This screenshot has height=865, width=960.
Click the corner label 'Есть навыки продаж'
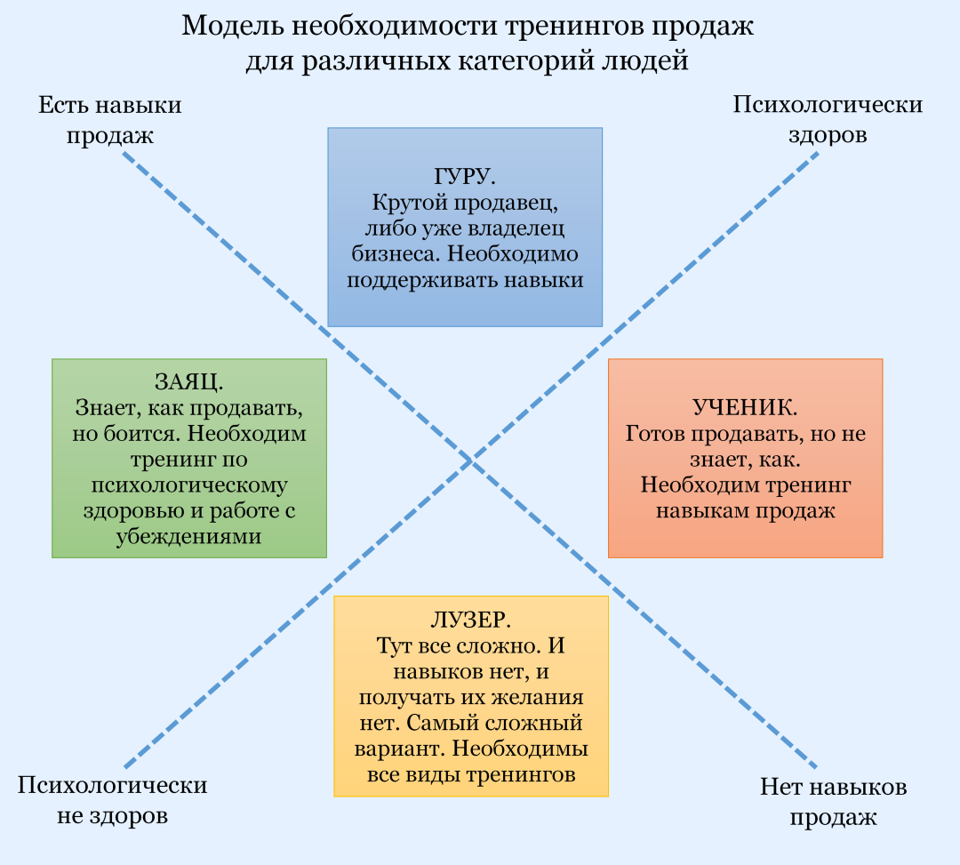tap(110, 120)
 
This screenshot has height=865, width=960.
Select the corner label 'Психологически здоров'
tap(828, 120)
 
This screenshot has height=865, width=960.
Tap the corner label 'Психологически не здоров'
tap(113, 800)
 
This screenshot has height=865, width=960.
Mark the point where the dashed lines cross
tap(470, 460)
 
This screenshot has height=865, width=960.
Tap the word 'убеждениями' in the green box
tap(188, 538)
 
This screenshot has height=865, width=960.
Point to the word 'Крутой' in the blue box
tap(401, 202)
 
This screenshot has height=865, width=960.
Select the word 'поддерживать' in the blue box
tap(405, 280)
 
